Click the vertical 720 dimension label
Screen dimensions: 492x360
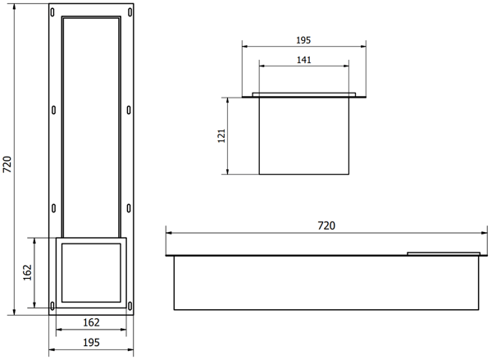click(7, 164)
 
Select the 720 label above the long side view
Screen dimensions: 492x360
click(326, 226)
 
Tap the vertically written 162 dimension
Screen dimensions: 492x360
click(28, 272)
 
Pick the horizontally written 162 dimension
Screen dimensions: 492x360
click(91, 322)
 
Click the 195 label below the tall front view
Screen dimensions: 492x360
click(91, 343)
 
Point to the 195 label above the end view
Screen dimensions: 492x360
click(303, 40)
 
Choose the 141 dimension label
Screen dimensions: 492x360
click(303, 60)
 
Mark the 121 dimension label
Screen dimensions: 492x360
click(221, 135)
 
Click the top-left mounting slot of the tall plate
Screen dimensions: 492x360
click(52, 12)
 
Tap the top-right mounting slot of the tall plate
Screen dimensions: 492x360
click(130, 12)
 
